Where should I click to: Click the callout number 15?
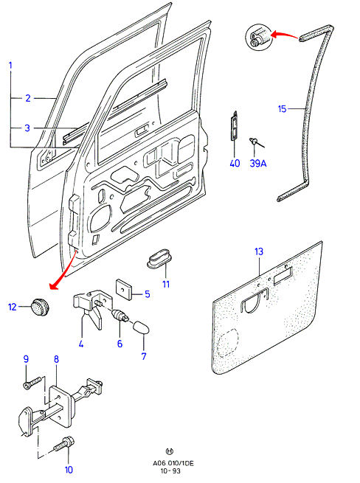point(282,108)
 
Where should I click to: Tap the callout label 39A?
point(258,163)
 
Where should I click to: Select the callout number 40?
point(235,163)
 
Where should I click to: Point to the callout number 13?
point(259,251)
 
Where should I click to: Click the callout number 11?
point(166,284)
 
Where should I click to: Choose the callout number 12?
point(12,307)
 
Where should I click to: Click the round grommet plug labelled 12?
point(41,306)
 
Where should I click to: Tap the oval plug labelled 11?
point(159,260)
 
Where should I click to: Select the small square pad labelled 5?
point(124,289)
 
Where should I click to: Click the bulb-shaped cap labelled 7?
point(141,327)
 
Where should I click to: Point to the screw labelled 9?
point(32,383)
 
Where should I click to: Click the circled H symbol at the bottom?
point(170,451)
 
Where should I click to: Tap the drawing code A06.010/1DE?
point(173,463)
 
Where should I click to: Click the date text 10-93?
point(170,471)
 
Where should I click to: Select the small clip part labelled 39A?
point(257,142)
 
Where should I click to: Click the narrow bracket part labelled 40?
point(235,125)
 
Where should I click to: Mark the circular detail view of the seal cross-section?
point(259,36)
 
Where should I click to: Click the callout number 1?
point(10,66)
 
